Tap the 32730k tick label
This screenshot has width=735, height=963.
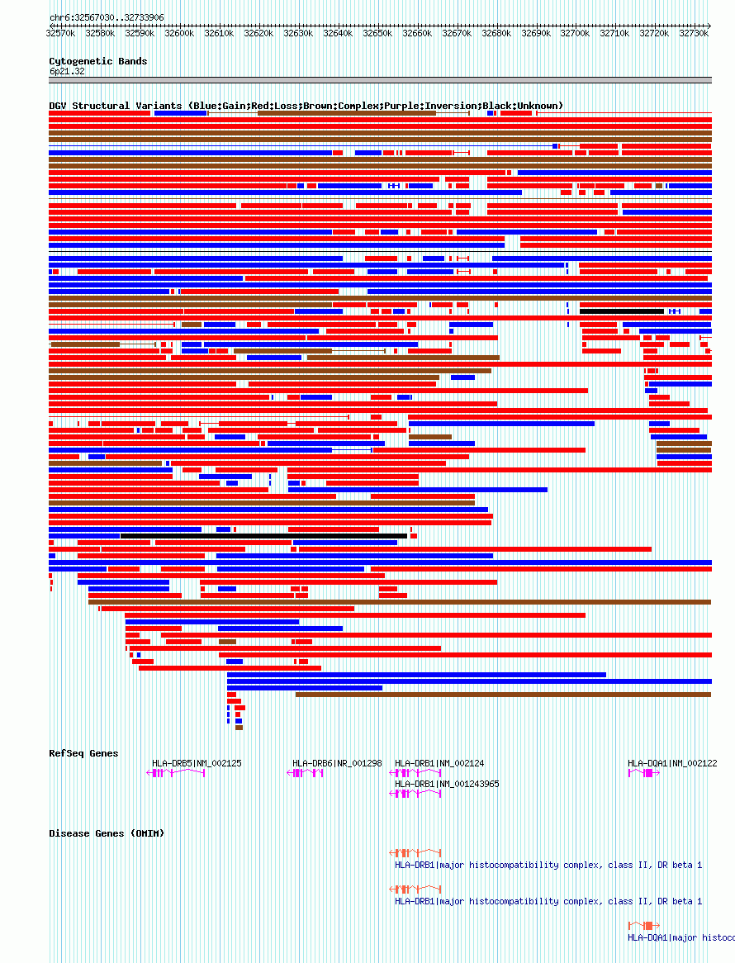tap(694, 34)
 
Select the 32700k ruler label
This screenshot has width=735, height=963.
tap(575, 34)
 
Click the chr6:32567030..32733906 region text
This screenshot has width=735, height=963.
tap(107, 17)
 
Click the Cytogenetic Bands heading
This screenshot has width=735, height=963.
tap(98, 61)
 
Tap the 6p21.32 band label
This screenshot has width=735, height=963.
tap(67, 71)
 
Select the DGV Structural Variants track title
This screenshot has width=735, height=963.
tap(306, 106)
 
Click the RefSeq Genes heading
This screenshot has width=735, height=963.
tap(83, 753)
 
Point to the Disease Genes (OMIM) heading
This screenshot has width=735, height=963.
tap(107, 833)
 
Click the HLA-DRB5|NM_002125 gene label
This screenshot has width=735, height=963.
tap(197, 763)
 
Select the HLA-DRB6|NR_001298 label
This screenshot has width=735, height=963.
tap(337, 763)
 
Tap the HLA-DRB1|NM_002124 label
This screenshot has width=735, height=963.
tap(439, 763)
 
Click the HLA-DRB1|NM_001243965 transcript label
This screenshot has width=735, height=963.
tap(447, 784)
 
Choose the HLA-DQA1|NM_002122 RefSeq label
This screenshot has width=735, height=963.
tap(672, 763)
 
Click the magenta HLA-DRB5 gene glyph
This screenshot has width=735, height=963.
tap(176, 773)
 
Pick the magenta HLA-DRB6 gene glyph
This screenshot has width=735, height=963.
tap(305, 773)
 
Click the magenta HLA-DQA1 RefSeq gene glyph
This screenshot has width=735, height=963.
tap(643, 773)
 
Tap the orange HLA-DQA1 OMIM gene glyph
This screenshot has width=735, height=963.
tap(643, 925)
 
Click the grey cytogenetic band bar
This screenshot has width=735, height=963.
tap(380, 80)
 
